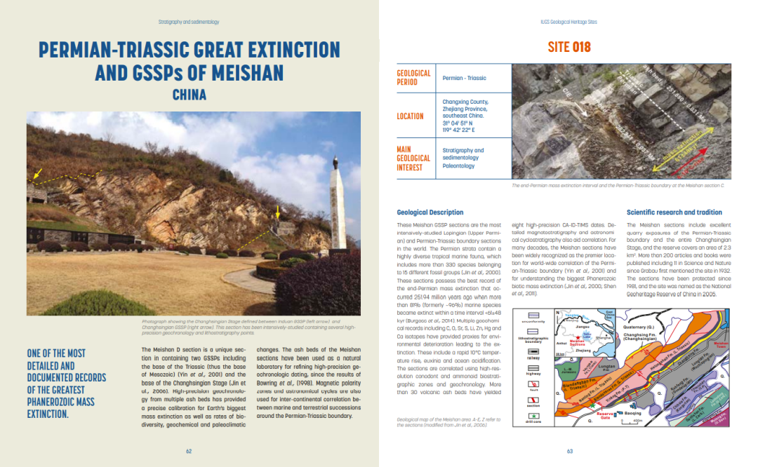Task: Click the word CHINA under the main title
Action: (189, 94)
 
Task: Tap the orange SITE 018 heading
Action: (569, 47)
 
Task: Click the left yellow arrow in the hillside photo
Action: (38, 172)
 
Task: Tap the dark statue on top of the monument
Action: (337, 163)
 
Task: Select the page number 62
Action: (189, 451)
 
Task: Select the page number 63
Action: (570, 451)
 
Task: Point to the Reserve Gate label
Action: (606, 414)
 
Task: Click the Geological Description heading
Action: (430, 212)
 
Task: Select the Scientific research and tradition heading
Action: (674, 212)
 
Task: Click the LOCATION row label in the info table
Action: (410, 116)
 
